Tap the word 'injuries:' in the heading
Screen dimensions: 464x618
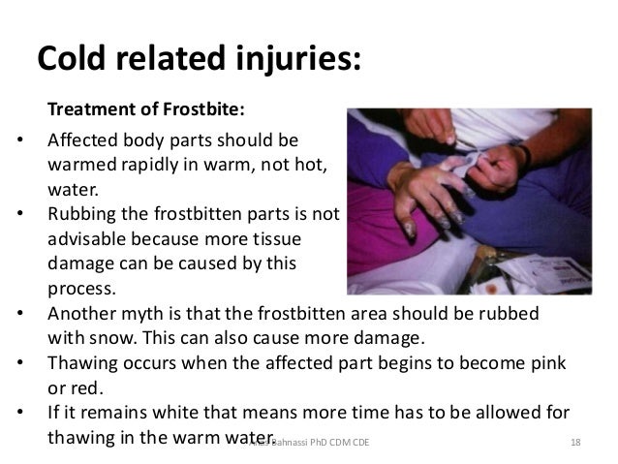click(290, 58)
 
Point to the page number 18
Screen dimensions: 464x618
click(575, 442)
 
